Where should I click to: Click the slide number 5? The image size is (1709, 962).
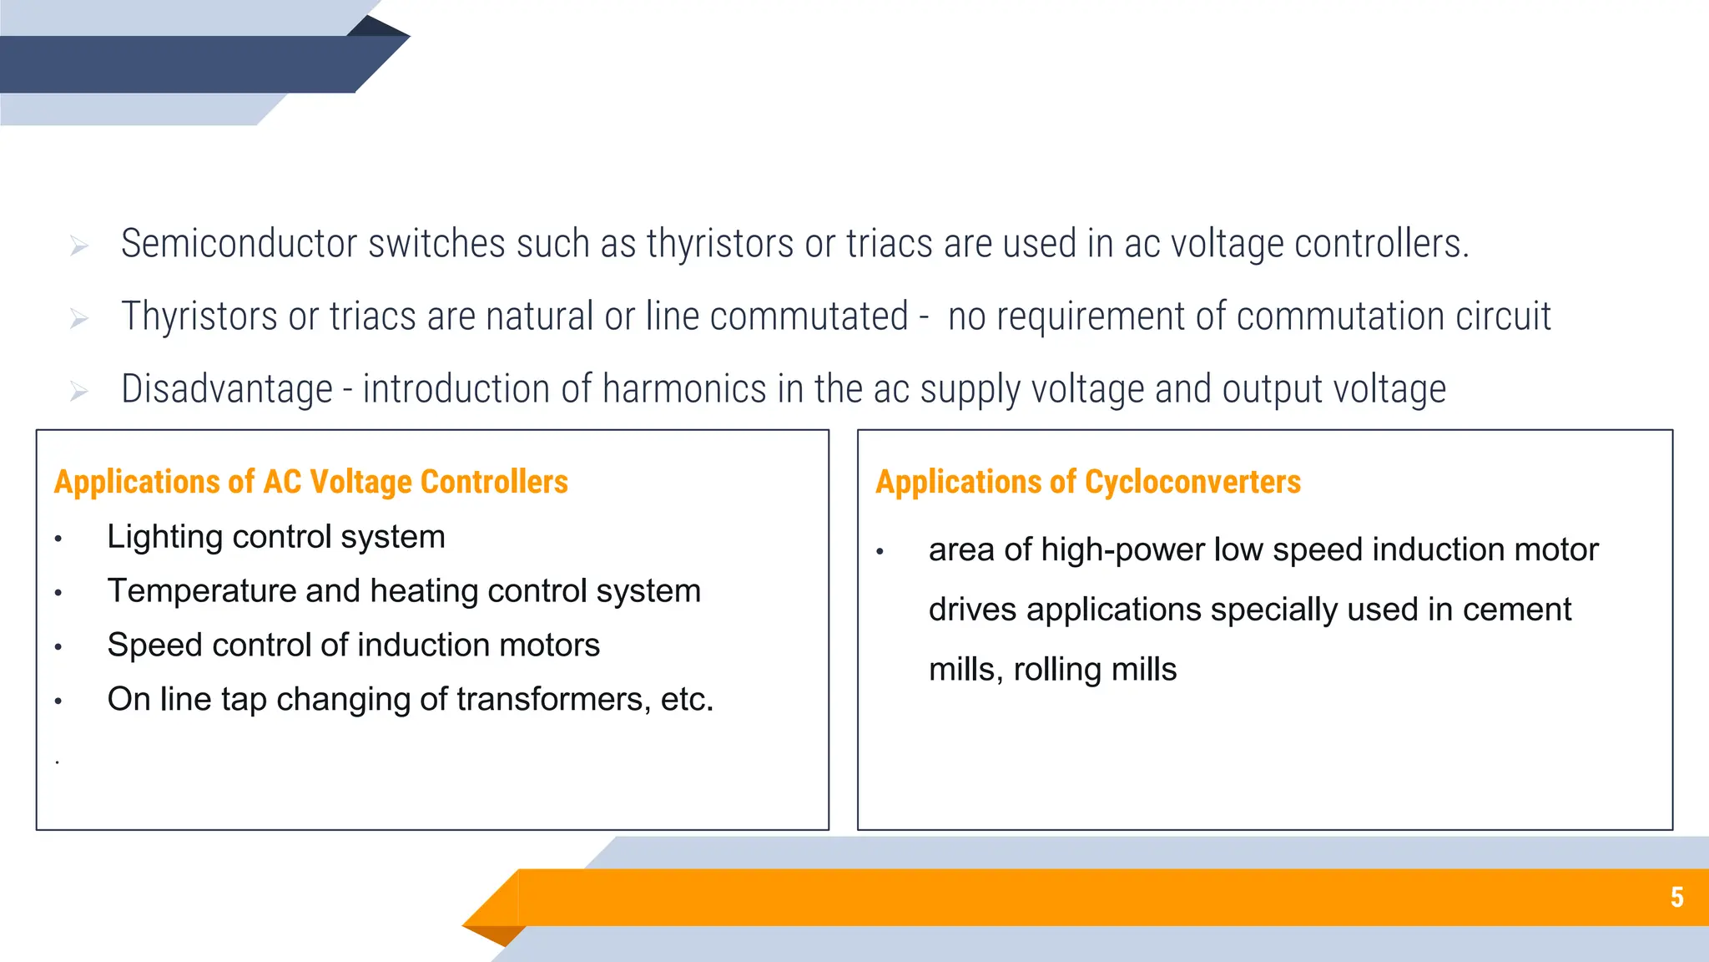coord(1676,897)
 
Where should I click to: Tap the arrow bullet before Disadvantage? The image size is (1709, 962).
coord(79,390)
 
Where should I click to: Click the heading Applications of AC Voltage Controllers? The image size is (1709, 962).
coord(310,482)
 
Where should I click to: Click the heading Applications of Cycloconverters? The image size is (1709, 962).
coord(1087,482)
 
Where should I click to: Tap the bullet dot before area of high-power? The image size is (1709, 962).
coord(880,552)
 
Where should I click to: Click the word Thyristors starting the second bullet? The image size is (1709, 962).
coord(199,316)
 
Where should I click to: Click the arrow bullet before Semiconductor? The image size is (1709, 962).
coord(79,246)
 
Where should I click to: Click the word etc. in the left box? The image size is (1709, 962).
coord(687,700)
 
